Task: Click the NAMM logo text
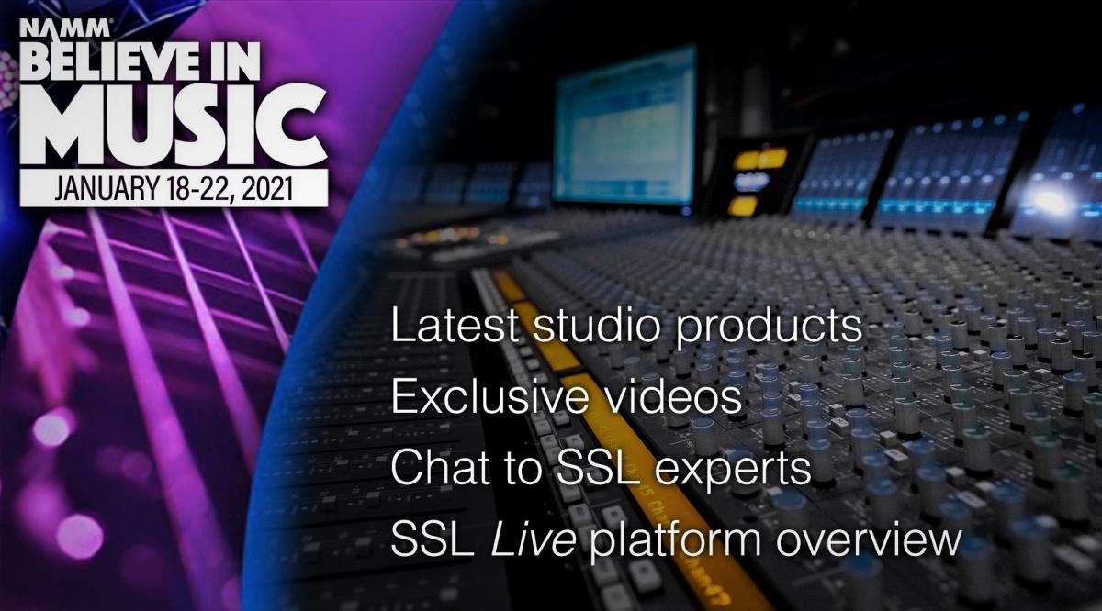[x=64, y=28]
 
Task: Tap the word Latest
[x=455, y=325]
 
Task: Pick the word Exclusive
[x=489, y=396]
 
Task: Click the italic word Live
[x=534, y=539]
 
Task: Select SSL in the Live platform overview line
[x=433, y=539]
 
